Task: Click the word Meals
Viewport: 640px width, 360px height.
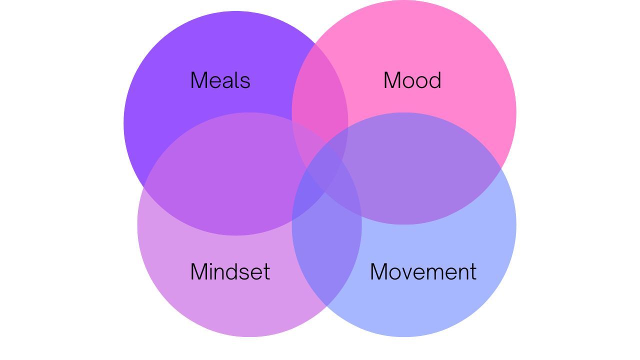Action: tap(220, 80)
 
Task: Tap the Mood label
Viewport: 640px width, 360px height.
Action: tap(412, 80)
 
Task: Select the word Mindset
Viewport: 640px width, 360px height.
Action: tap(230, 272)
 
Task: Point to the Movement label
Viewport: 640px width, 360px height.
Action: tap(423, 272)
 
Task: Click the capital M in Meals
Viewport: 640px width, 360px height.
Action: tap(199, 80)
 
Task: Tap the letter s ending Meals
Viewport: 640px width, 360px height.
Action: tap(245, 82)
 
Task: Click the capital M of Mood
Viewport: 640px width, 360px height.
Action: tap(392, 80)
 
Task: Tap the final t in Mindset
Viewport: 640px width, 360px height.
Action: tap(266, 272)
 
